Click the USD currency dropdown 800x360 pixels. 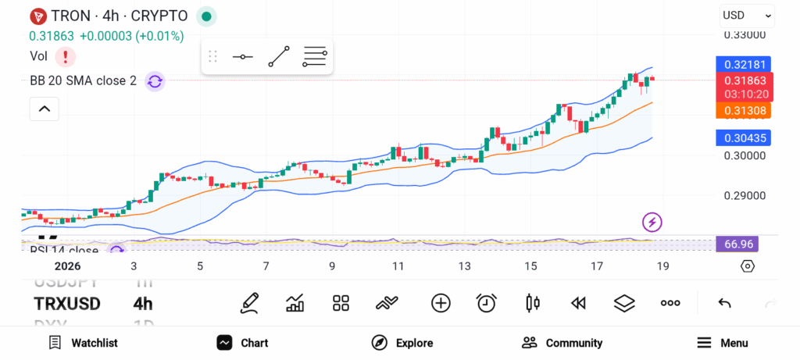747,15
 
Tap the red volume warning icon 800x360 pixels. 65,56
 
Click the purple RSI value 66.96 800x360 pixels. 737,244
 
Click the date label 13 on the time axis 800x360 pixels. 465,266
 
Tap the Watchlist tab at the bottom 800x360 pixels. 83,343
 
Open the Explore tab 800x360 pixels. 402,343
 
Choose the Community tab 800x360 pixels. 562,343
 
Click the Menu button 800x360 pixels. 722,343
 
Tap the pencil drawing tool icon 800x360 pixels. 250,303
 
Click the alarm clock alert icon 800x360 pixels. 487,303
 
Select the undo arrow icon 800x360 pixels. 724,303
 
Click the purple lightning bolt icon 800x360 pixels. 652,222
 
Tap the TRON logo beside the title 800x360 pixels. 37,16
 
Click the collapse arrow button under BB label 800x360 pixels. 45,109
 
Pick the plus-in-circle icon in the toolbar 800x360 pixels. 441,303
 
